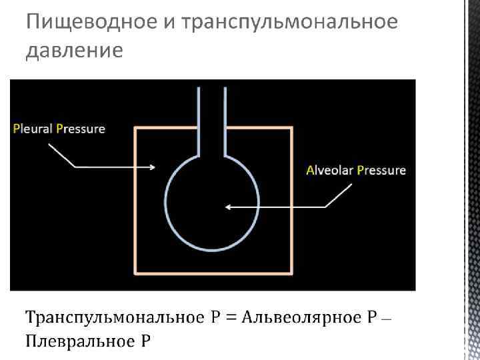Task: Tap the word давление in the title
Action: (74, 51)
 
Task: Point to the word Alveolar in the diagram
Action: (329, 170)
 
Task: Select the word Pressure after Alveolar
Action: (381, 170)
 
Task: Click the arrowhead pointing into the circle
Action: (228, 207)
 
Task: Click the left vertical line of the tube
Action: (199, 120)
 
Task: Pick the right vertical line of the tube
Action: (225, 120)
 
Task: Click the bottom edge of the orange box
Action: (213, 273)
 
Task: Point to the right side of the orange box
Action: (291, 200)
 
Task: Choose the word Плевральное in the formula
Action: (77, 343)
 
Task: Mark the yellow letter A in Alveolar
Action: (310, 170)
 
